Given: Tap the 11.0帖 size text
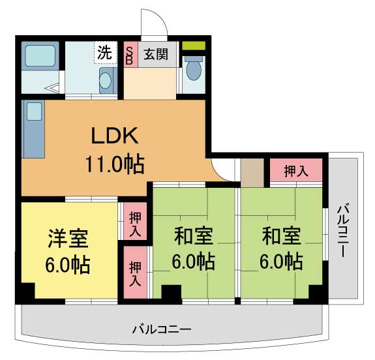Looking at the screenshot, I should [113, 163].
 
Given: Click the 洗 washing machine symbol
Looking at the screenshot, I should [105, 52].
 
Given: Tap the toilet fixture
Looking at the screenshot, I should [193, 68].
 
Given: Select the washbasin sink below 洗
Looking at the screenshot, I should [106, 81].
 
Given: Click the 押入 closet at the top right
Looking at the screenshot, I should [296, 171].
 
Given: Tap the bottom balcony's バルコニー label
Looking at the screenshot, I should [160, 329].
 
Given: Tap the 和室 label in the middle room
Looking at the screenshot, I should [192, 235].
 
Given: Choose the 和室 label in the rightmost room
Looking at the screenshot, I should [282, 235].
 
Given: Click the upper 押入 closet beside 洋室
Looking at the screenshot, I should [134, 223].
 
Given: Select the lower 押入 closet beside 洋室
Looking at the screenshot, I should [135, 272].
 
